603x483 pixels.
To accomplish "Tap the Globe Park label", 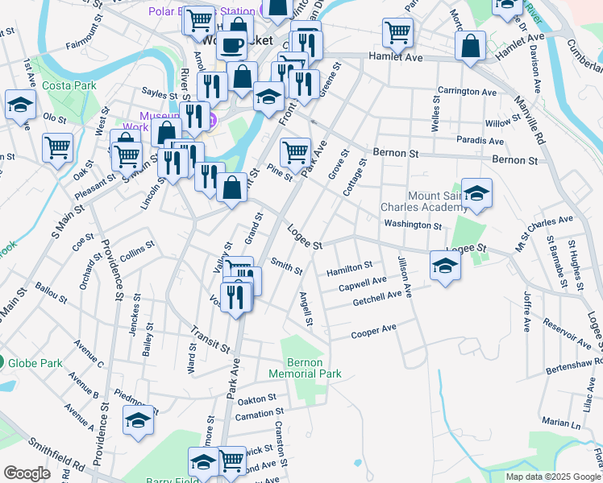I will pos(35,363).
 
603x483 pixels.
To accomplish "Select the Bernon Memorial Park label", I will pos(311,368).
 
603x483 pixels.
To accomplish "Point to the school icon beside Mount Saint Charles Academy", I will pos(476,193).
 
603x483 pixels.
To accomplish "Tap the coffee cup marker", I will pos(234,45).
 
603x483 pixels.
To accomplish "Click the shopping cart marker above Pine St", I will pos(295,151).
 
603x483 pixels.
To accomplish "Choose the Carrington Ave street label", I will pos(467,92).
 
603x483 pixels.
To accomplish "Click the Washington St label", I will pos(413,225).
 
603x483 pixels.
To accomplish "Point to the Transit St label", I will pos(210,339).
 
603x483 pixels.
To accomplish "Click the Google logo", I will pos(27,473).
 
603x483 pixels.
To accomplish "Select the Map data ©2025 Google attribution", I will pos(554,477).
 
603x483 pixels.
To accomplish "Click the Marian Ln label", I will pos(561,422).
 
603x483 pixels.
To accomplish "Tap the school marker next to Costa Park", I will pos(20,105).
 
